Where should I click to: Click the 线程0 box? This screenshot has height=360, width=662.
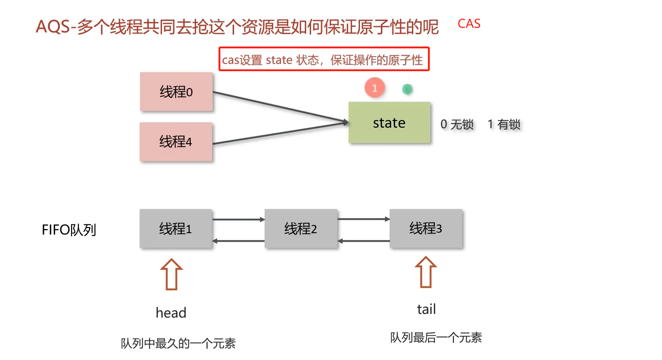click(176, 92)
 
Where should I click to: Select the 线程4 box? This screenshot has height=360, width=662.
click(176, 141)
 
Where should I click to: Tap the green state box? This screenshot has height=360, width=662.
click(389, 123)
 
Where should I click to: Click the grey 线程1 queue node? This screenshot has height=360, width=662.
click(176, 229)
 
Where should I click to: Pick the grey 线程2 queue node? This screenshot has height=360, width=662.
click(301, 229)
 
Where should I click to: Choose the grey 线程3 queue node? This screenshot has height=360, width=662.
click(426, 228)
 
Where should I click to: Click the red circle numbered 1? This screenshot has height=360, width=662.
click(375, 88)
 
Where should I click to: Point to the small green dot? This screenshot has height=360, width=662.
click(407, 89)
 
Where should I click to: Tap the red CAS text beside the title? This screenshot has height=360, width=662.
click(469, 24)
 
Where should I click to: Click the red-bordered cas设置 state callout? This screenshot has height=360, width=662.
click(324, 59)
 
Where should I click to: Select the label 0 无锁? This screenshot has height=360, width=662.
click(457, 124)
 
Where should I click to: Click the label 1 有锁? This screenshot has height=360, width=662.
click(504, 124)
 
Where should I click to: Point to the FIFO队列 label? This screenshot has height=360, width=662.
click(69, 230)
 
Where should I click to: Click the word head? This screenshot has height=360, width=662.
click(171, 313)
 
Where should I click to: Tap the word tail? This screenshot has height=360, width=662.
click(427, 309)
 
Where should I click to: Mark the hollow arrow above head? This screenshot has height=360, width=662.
click(171, 274)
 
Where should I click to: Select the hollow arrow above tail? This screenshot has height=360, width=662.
click(426, 272)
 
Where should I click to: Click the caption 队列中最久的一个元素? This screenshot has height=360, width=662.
click(178, 344)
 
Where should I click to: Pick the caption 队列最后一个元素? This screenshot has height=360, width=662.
click(436, 338)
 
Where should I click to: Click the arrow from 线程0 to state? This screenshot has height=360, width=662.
click(278, 107)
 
